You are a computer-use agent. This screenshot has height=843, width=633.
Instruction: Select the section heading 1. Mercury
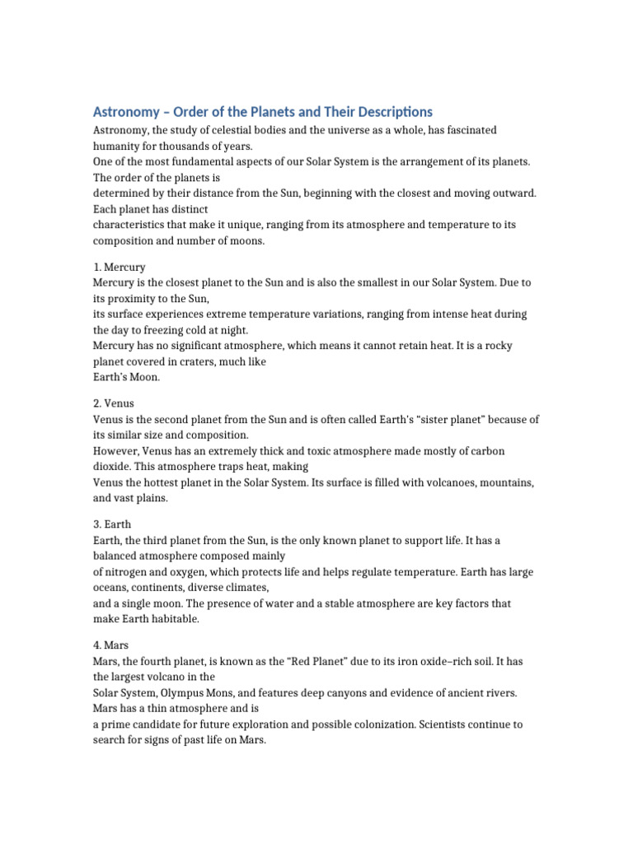point(120,267)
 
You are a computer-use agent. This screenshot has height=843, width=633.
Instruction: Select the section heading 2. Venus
point(114,403)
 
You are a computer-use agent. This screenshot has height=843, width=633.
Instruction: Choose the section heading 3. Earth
point(112,524)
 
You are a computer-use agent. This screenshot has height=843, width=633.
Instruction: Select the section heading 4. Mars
point(110,645)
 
